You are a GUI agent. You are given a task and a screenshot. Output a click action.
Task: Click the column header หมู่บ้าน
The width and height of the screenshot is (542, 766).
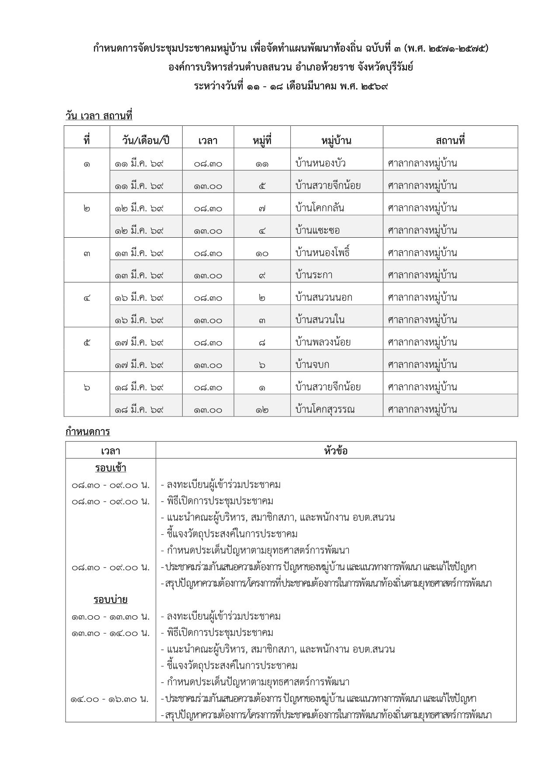(336, 141)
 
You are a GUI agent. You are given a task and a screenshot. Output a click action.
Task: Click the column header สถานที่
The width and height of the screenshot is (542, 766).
(450, 141)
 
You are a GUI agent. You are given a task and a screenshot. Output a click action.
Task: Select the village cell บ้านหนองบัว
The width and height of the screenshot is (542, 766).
(320, 163)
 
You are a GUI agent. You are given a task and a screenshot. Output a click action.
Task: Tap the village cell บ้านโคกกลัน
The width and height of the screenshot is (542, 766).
(320, 208)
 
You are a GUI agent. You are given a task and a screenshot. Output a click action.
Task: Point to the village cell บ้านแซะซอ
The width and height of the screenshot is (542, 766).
(317, 230)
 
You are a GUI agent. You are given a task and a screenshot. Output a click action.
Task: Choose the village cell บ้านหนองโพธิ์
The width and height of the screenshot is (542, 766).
(323, 253)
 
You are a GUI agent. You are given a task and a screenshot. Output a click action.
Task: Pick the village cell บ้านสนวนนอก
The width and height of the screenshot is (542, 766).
(323, 298)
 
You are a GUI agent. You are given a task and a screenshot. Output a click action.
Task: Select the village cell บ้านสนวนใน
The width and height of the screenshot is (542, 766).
(320, 320)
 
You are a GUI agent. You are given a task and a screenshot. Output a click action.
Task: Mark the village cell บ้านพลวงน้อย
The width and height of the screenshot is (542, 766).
(323, 342)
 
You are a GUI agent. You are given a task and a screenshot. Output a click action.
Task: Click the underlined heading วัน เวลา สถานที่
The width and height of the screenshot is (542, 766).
(98, 116)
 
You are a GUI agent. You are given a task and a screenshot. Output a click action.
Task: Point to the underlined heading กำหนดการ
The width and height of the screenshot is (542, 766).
(87, 432)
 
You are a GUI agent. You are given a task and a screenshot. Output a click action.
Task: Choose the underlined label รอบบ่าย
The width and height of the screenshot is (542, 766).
(110, 600)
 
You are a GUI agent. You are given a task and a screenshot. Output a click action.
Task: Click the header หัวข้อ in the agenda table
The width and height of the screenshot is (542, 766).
(336, 451)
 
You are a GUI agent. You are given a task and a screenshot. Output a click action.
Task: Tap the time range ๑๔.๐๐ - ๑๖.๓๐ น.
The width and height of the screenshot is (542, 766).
(110, 699)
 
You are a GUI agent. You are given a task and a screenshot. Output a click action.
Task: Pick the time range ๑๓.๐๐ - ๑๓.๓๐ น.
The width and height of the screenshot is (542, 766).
(110, 617)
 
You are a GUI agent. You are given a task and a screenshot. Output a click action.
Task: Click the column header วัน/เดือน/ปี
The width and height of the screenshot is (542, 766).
(146, 141)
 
